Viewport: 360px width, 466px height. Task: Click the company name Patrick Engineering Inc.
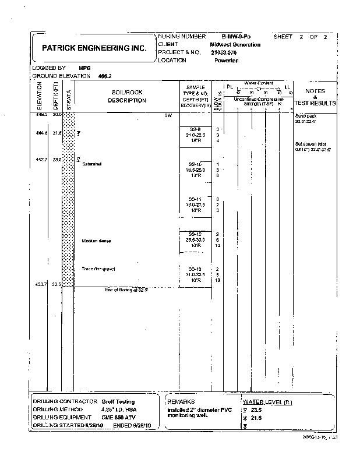click(94, 48)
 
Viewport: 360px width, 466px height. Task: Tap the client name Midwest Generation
click(235, 44)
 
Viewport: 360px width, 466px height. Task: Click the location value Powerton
click(227, 60)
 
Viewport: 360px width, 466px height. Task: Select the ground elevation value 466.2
click(105, 76)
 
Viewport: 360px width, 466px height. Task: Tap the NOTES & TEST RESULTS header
click(315, 97)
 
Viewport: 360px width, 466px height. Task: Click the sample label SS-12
click(195, 234)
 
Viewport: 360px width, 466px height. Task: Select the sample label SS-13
click(195, 269)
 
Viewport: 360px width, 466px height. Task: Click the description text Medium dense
click(96, 241)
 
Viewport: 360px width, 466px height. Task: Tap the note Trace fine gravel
click(98, 269)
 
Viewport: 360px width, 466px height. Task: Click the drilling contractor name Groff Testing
click(118, 401)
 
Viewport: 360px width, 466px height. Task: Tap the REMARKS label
click(183, 401)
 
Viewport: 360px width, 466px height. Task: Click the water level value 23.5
click(256, 409)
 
